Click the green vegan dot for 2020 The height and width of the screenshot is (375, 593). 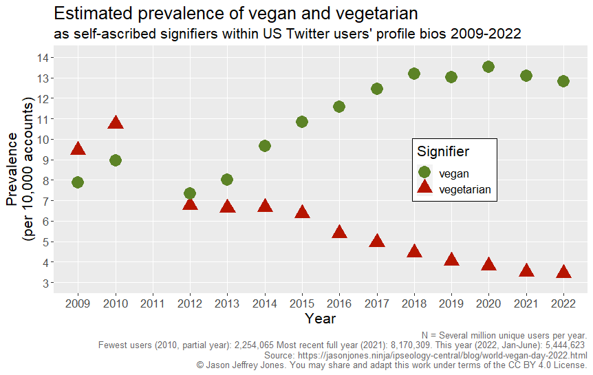(x=488, y=67)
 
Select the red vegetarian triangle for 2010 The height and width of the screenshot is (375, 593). (x=116, y=123)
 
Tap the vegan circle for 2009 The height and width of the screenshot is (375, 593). (x=78, y=182)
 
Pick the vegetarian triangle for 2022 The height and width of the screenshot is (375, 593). (x=563, y=272)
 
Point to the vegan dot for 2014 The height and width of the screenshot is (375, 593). (x=265, y=146)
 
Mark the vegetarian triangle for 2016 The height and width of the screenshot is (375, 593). (x=339, y=232)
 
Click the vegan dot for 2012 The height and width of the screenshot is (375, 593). (x=190, y=193)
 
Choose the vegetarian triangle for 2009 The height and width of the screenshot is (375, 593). (x=78, y=149)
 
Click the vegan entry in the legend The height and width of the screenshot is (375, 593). (x=454, y=173)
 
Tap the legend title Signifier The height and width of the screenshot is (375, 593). (x=444, y=151)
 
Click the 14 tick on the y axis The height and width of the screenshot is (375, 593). (x=42, y=58)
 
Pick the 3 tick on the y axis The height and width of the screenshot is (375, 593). (x=45, y=283)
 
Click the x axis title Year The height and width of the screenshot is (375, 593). (x=321, y=319)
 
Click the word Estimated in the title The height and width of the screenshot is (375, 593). (x=90, y=13)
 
